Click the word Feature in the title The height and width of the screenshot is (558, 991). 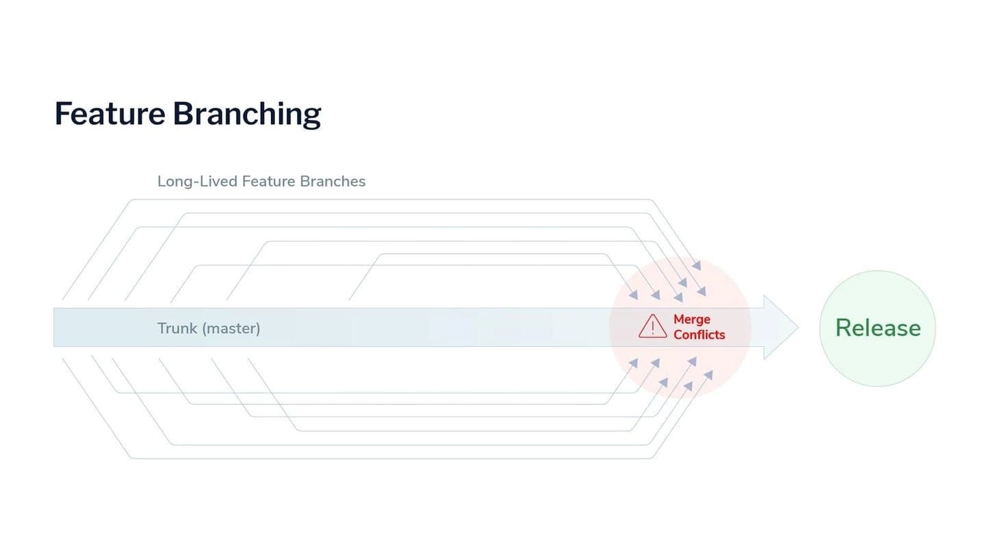[110, 114]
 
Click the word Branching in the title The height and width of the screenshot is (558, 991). [247, 115]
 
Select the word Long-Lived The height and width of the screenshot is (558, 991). [198, 181]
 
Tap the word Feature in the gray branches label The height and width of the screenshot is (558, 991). [269, 181]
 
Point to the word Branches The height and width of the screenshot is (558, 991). [333, 181]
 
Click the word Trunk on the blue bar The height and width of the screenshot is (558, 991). [177, 328]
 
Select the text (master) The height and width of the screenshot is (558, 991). [231, 328]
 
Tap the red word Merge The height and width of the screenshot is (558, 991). [692, 319]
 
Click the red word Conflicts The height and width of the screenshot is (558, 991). [699, 335]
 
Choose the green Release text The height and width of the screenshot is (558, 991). [879, 328]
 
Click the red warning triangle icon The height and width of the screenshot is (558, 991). [653, 326]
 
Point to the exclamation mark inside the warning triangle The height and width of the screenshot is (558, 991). [653, 328]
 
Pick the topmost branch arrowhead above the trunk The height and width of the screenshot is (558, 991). [696, 265]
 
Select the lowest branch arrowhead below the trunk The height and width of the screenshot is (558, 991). [688, 387]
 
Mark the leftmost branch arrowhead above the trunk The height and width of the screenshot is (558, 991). [634, 295]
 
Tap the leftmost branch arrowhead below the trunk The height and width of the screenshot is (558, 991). [634, 363]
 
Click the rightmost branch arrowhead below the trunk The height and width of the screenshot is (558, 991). [708, 375]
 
